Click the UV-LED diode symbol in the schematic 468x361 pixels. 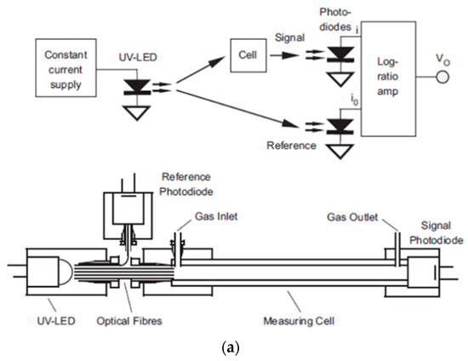tap(136, 88)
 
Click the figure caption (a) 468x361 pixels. tap(233, 348)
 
